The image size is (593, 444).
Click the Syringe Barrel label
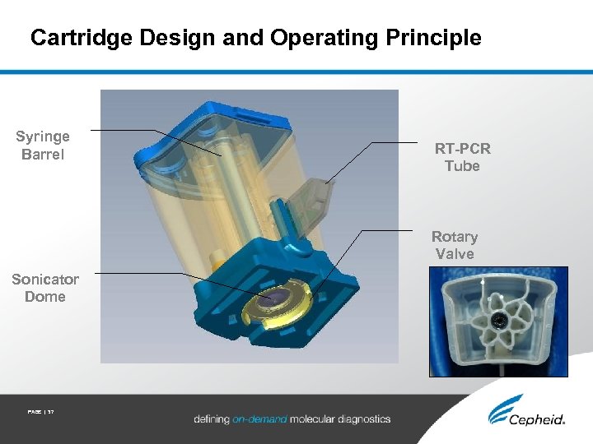point(43,146)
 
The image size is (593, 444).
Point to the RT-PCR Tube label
point(462,157)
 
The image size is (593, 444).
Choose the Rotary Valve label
point(455,245)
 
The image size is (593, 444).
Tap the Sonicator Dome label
point(44,288)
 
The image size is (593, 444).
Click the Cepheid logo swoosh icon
point(503,409)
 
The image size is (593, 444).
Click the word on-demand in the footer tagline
point(259,419)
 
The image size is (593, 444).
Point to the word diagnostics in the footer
point(356,419)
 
